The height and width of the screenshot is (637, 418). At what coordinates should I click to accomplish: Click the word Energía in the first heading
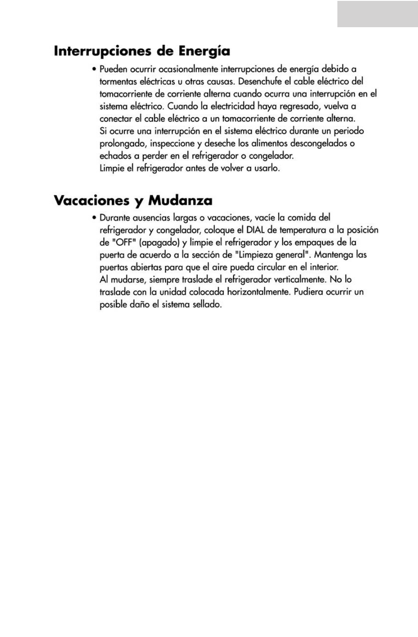pyautogui.click(x=205, y=51)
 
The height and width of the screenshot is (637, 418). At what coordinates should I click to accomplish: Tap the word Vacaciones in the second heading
pyautogui.click(x=91, y=200)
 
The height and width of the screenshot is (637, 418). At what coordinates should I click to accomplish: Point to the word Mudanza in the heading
pyautogui.click(x=180, y=200)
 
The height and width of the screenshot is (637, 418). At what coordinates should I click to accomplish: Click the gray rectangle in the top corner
pyautogui.click(x=377, y=14)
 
